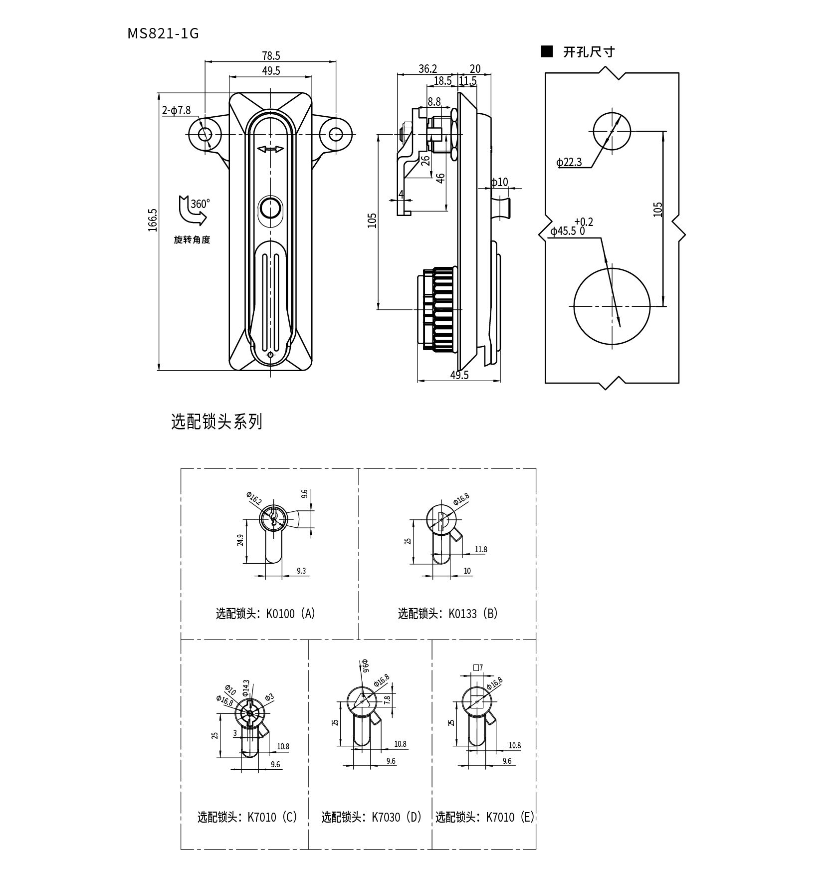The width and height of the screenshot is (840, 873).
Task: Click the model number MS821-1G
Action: tap(163, 33)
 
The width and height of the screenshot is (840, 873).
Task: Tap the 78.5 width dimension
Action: tap(271, 56)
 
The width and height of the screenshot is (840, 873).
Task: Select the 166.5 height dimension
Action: tap(153, 219)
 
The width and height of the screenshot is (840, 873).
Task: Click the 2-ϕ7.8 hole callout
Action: tap(177, 111)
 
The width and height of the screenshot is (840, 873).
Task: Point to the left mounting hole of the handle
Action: tap(205, 134)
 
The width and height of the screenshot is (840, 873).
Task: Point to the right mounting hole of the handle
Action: tap(336, 134)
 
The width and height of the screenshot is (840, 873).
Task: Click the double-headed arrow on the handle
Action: tap(270, 149)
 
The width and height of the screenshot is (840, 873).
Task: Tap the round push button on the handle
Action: tap(270, 207)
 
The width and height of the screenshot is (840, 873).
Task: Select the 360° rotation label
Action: tap(200, 204)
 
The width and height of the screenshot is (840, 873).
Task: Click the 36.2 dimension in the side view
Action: tap(428, 69)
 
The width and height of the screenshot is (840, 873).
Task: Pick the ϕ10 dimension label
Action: tap(499, 182)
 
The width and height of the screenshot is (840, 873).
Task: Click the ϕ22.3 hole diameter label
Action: tap(569, 162)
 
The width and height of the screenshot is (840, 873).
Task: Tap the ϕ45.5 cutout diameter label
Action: tap(563, 231)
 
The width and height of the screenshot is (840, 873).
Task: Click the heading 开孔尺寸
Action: tap(589, 52)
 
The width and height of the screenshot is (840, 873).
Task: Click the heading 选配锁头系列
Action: tap(216, 422)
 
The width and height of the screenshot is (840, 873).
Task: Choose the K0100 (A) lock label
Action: tap(265, 613)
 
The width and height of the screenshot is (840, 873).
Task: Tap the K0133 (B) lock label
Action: tap(448, 613)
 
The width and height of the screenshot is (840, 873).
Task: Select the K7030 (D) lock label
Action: tap(372, 817)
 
